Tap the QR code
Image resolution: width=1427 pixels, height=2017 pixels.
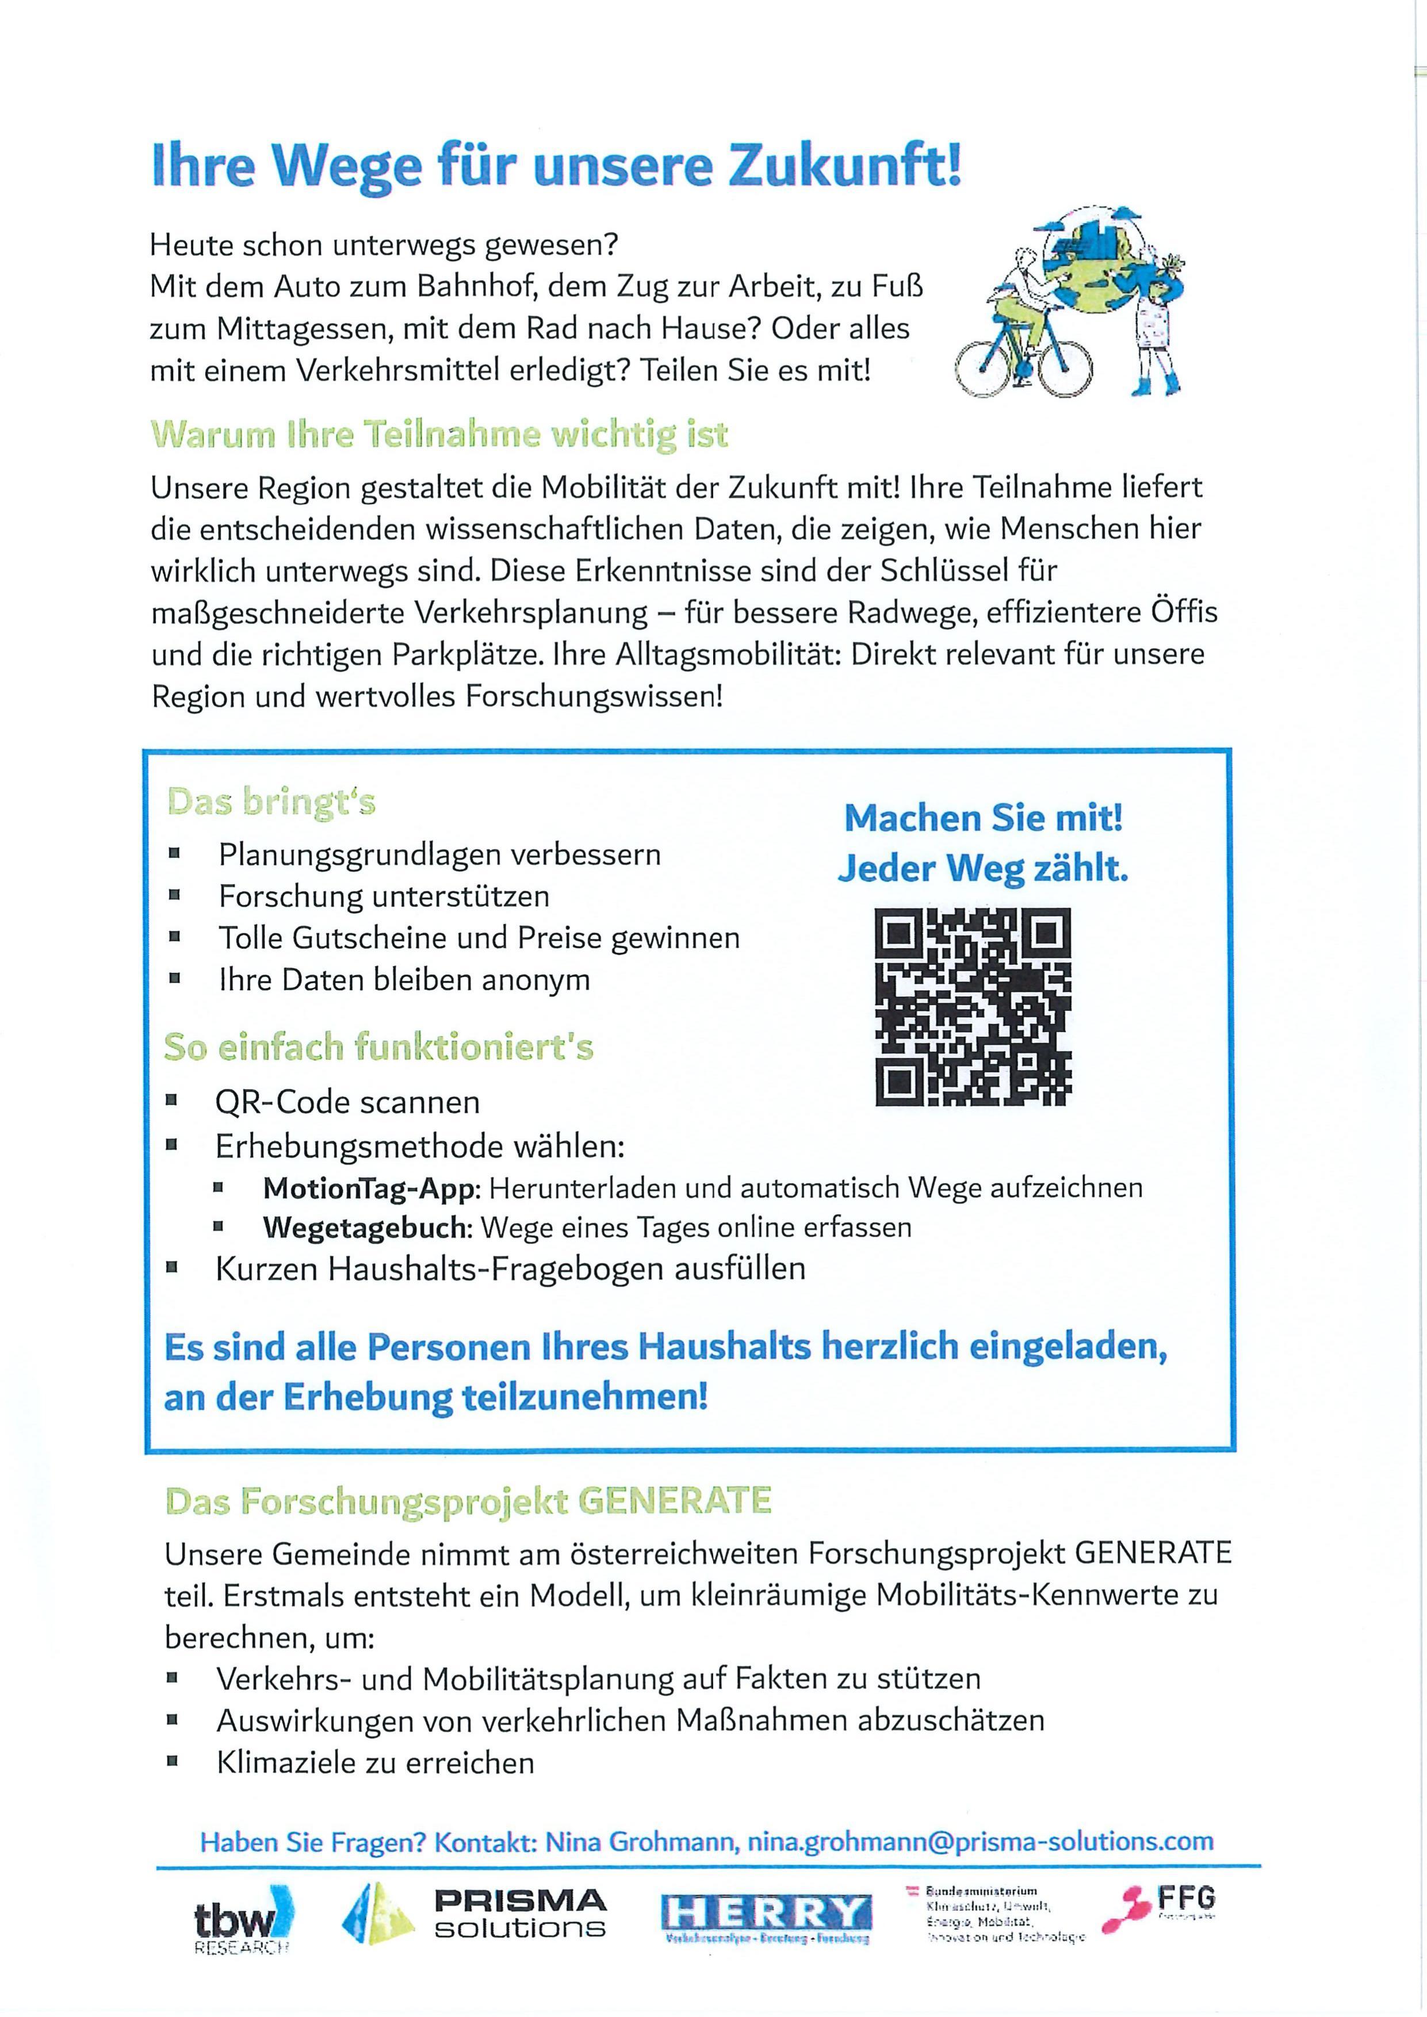pos(973,1007)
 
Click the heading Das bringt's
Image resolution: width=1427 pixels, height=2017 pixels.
pos(271,802)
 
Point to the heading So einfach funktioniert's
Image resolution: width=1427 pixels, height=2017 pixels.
pos(378,1047)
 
